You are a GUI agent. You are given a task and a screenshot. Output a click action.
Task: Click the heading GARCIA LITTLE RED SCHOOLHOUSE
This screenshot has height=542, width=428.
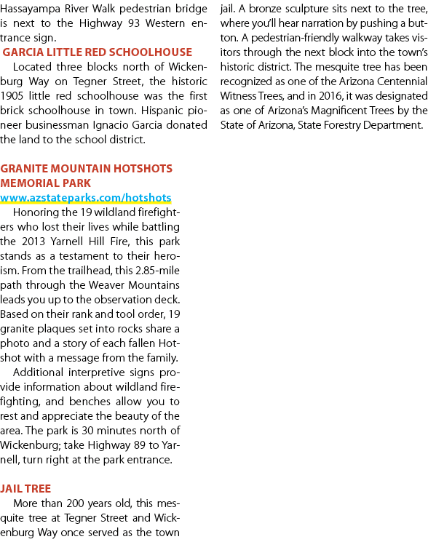click(97, 52)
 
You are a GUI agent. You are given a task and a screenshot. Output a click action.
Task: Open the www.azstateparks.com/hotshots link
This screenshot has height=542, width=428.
click(86, 198)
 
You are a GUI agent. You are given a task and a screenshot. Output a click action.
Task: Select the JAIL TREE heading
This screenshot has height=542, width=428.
click(25, 488)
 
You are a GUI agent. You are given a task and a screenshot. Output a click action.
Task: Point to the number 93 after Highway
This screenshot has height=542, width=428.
click(133, 23)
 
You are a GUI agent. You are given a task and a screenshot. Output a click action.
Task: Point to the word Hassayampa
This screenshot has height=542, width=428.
click(27, 9)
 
